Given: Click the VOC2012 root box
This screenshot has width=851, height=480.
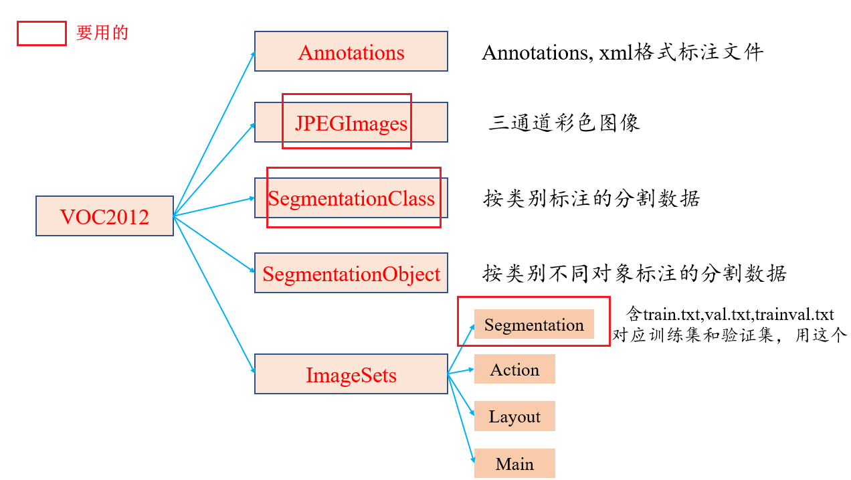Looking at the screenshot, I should click(104, 216).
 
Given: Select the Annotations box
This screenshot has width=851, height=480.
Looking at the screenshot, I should click(351, 52).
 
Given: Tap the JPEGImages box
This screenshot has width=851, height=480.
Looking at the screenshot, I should click(351, 123).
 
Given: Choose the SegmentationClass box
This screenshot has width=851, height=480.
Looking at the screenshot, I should click(351, 198).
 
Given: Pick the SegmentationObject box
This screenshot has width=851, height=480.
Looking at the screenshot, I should click(351, 273).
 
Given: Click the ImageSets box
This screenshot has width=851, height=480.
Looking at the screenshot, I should click(351, 374).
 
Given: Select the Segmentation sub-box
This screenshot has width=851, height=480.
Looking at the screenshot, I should click(534, 325).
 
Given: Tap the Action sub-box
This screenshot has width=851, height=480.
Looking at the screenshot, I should click(514, 370).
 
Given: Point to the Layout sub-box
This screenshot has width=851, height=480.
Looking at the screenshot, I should click(514, 416).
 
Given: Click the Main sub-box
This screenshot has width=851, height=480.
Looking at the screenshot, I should click(514, 463).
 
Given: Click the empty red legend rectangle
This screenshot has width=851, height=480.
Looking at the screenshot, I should click(41, 33).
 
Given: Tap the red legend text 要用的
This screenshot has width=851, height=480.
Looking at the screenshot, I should click(102, 33).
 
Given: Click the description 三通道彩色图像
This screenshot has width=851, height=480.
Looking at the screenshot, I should click(564, 123).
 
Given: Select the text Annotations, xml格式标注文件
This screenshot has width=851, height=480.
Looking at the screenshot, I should click(622, 52).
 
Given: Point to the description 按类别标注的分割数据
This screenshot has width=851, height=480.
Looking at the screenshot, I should click(591, 199).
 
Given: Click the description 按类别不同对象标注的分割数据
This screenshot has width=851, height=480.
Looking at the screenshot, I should click(634, 273).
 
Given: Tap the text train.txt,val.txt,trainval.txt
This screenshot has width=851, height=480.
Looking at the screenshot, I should click(738, 314).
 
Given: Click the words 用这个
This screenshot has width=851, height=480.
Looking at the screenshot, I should click(821, 335).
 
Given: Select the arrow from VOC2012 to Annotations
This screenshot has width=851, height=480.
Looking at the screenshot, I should click(214, 134).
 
